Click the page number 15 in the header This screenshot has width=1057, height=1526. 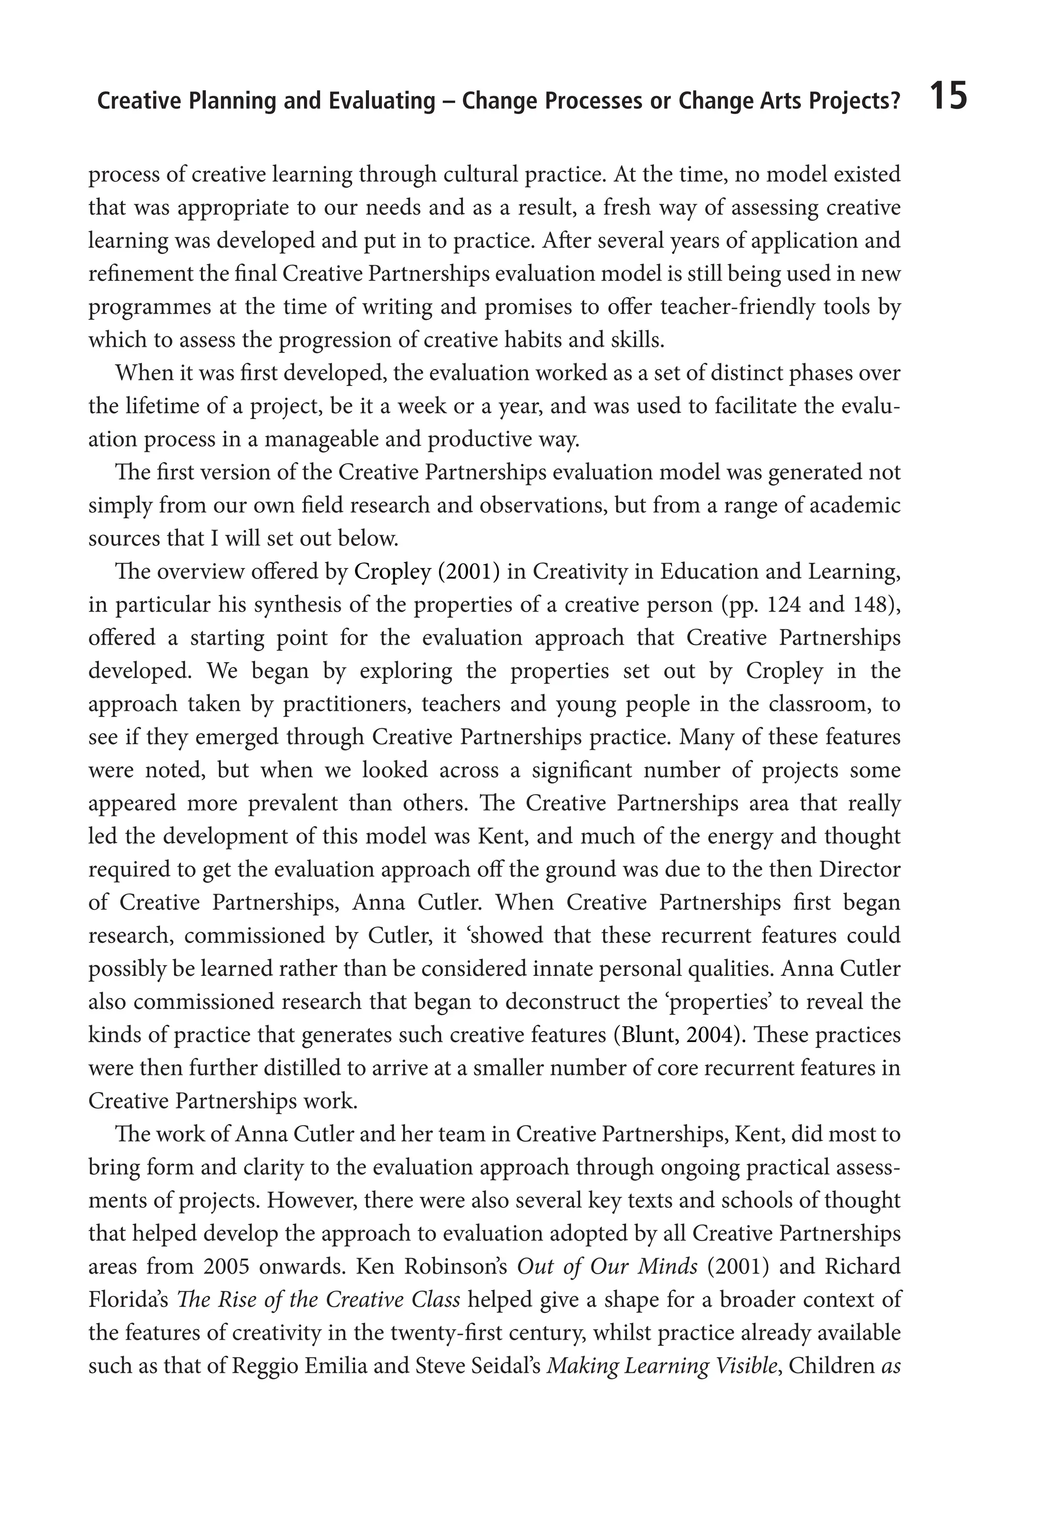[948, 97]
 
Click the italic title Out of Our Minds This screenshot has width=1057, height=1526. [607, 1266]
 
